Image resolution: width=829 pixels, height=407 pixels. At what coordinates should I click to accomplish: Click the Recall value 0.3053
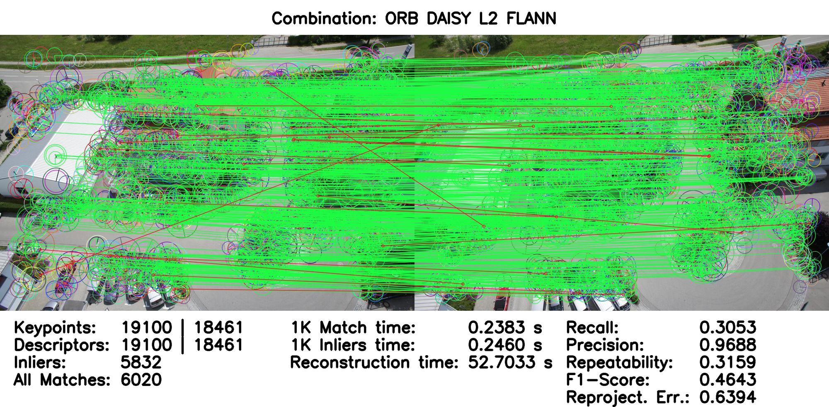click(x=727, y=328)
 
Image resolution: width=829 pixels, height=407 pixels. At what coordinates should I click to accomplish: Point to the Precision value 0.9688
click(x=727, y=345)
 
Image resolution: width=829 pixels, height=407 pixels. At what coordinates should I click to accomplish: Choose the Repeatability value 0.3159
click(x=727, y=363)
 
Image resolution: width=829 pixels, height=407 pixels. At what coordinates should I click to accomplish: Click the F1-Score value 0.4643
click(x=727, y=380)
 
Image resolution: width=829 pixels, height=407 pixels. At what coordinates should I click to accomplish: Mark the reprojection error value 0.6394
click(x=727, y=397)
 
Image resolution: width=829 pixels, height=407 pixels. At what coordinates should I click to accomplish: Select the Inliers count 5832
click(x=141, y=363)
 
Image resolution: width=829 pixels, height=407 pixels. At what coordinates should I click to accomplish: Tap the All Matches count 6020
click(x=141, y=380)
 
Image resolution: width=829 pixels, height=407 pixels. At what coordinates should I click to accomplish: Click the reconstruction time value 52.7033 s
click(x=510, y=363)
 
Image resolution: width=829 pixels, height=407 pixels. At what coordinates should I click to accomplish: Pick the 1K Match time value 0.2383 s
click(x=505, y=328)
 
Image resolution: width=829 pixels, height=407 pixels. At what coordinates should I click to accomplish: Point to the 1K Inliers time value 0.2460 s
click(x=505, y=345)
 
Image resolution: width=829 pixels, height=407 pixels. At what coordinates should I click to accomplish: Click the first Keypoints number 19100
click(x=146, y=328)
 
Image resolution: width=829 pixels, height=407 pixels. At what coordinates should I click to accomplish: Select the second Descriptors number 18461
click(x=218, y=345)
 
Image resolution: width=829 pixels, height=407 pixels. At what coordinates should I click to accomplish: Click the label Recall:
click(x=592, y=328)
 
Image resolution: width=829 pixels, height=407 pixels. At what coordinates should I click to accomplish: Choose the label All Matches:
click(x=62, y=380)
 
